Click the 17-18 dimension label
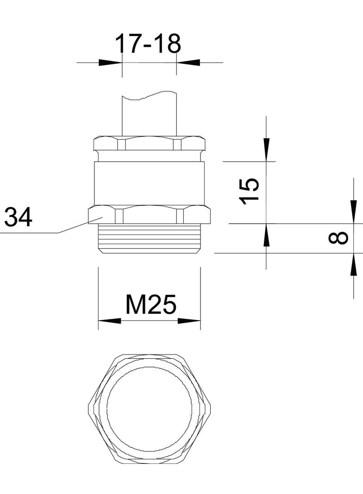click(148, 44)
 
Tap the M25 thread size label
click(150, 304)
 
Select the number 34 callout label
click(18, 217)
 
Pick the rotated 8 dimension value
click(338, 238)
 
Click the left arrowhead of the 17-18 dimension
click(111, 63)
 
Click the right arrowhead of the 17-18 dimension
click(188, 63)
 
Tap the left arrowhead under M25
click(110, 321)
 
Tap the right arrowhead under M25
click(189, 321)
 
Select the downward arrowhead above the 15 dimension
click(267, 150)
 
